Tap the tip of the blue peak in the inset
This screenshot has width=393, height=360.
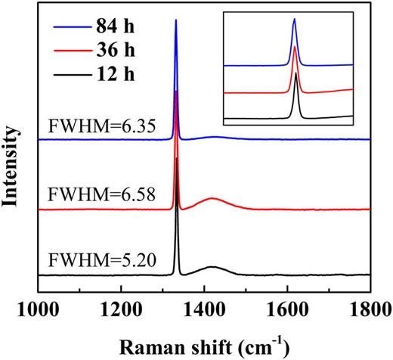click(294, 20)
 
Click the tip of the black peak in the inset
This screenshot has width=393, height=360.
click(295, 72)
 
